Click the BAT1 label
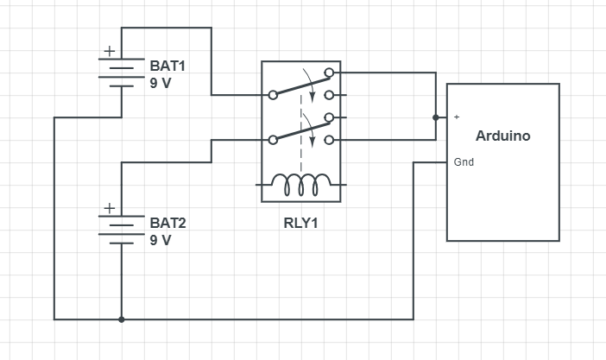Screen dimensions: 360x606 [167, 66]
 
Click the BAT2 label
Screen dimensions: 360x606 [167, 223]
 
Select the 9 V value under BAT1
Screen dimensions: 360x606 [161, 84]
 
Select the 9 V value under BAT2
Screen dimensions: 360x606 [161, 240]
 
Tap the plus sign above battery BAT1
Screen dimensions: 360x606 [110, 52]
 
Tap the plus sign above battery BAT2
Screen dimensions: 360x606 [110, 208]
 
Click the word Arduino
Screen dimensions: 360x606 [502, 136]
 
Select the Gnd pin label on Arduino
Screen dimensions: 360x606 [463, 161]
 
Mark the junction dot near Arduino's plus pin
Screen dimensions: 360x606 [436, 117]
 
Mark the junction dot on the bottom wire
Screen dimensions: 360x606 [121, 319]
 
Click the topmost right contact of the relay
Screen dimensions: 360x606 [328, 73]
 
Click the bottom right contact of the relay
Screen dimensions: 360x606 [328, 140]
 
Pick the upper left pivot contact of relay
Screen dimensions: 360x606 [273, 94]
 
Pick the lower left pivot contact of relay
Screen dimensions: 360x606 [273, 139]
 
